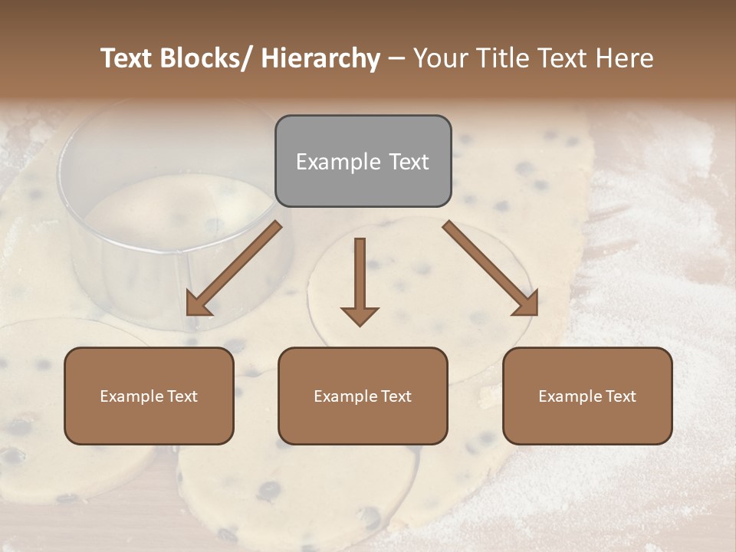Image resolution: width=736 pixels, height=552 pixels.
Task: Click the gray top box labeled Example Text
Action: coord(363,161)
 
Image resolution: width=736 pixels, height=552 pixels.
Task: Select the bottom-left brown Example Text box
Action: coord(149,396)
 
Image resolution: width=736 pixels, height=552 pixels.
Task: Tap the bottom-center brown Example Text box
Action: coord(363,396)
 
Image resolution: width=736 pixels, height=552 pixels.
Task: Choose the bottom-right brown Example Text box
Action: coord(587,396)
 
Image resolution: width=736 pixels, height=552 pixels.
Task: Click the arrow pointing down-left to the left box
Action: coord(234,268)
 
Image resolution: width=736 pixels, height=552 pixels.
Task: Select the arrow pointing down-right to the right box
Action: coord(491,268)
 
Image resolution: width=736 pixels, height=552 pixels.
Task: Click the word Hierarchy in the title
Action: coord(320,58)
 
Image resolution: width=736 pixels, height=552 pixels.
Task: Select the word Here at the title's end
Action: coord(621,58)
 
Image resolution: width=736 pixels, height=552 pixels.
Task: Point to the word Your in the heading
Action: coord(439,58)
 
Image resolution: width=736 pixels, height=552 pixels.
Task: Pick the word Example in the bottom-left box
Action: coord(131,396)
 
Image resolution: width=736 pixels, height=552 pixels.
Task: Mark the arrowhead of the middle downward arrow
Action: coord(360,315)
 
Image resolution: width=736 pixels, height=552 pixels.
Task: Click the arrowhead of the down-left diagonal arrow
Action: coord(198,304)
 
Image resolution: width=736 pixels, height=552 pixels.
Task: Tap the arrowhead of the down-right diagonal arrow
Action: coord(527,304)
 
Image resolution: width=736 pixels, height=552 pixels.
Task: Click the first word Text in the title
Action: coord(127,58)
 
